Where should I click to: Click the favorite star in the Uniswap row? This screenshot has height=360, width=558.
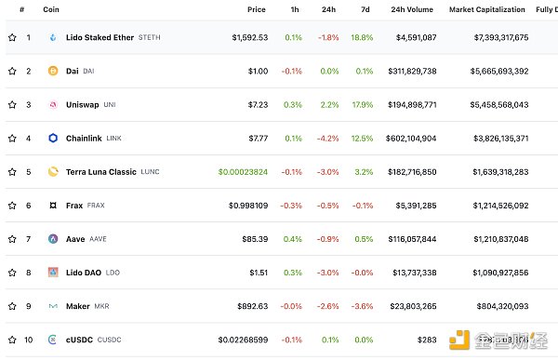12,105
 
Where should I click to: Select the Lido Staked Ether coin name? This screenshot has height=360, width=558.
100,38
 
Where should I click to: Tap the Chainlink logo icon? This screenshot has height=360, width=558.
53,139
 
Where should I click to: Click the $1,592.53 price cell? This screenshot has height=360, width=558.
249,38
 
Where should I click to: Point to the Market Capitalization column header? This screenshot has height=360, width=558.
488,9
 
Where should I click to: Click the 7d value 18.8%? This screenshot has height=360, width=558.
361,38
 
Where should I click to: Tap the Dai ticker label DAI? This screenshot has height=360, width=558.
88,72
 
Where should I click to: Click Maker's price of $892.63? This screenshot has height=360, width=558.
248,306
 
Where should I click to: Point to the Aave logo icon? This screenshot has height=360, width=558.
53,239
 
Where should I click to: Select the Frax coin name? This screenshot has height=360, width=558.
74,206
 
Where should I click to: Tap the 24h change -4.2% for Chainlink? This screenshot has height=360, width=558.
328,139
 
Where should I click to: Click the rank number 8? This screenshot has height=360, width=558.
29,273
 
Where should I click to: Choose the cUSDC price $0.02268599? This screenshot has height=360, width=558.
243,340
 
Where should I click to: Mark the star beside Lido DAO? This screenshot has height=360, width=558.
12,273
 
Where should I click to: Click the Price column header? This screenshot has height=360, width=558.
256,9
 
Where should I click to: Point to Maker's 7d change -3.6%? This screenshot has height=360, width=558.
363,306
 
